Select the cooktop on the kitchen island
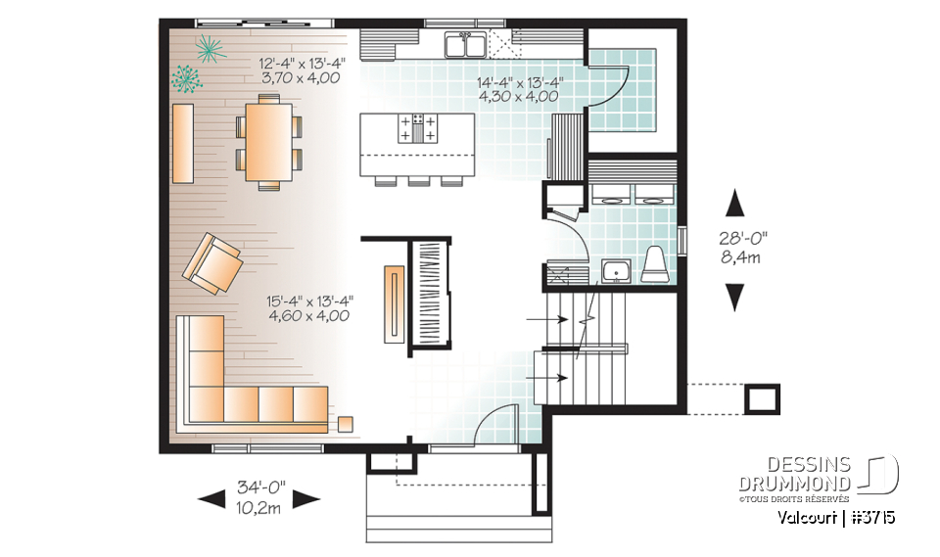click(418, 128)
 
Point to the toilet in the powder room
click(654, 263)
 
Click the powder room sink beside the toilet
click(617, 270)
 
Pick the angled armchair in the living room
click(213, 263)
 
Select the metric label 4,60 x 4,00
click(309, 315)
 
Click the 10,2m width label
click(259, 508)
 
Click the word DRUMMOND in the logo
click(794, 482)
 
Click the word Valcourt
click(807, 517)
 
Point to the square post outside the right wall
click(763, 397)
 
